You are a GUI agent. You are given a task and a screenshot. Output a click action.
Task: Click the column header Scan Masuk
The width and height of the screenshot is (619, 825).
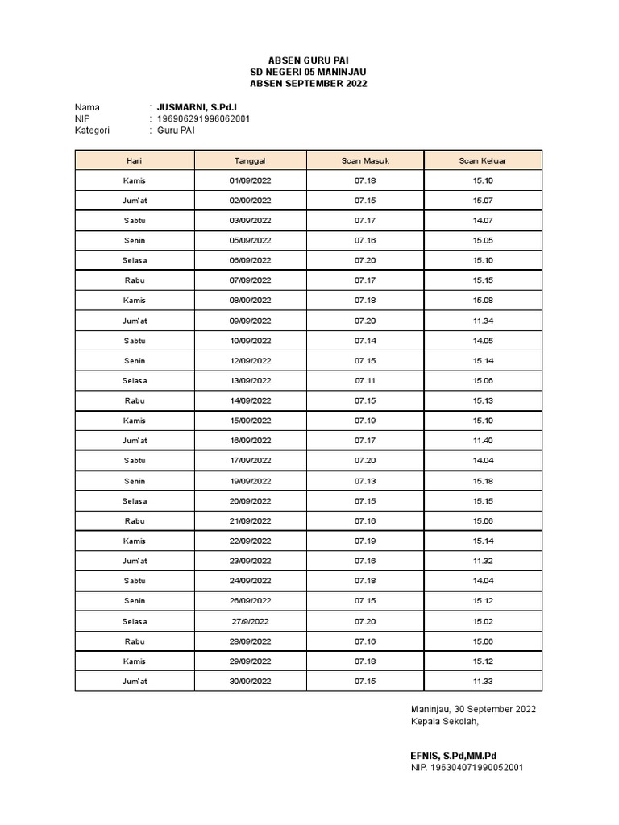coord(365,160)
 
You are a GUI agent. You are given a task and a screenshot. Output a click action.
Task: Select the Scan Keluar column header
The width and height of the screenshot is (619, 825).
coord(483,160)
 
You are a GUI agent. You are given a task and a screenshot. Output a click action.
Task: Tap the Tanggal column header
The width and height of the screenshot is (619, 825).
coord(250,160)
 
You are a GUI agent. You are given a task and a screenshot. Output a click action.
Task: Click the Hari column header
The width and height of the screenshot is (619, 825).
coord(135,160)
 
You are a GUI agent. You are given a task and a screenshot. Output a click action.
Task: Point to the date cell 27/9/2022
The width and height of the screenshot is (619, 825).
coord(250,621)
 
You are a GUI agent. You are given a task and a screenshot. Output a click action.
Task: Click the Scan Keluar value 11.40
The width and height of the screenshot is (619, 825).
coord(483,441)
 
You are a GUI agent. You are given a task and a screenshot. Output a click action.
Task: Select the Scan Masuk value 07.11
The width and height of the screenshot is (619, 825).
coord(365,380)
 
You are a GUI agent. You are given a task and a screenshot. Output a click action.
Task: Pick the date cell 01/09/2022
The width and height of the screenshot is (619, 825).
coord(250,180)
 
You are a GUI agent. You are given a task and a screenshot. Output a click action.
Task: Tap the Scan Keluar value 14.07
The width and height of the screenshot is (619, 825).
coord(483,220)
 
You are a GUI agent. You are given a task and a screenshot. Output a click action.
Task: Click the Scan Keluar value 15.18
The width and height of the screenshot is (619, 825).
coord(483,481)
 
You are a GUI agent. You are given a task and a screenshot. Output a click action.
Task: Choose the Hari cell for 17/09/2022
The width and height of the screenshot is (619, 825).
coord(135,461)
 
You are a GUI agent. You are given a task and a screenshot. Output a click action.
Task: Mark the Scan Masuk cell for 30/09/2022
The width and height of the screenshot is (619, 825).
coord(365,682)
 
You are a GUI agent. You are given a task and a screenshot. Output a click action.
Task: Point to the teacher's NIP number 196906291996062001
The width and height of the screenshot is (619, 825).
coord(203,118)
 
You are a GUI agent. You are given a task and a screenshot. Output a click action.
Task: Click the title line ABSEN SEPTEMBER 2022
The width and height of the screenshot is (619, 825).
coord(310,84)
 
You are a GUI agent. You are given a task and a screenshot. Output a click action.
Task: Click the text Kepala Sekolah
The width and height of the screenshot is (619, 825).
coord(445,721)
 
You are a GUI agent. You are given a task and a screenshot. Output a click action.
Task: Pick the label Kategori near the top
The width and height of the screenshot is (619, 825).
coord(92,130)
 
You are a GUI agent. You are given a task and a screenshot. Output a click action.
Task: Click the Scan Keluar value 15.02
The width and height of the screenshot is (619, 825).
coord(483,621)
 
